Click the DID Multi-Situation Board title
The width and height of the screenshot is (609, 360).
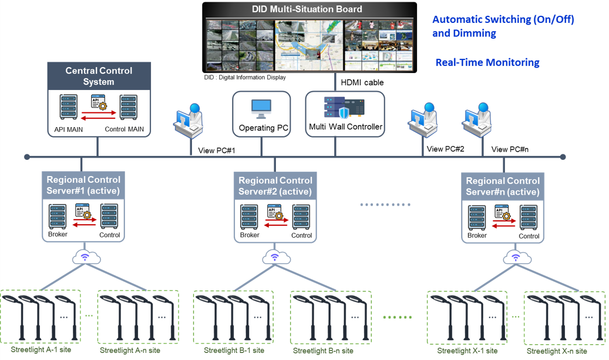click(x=307, y=9)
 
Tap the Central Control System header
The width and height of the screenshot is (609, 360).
click(x=99, y=76)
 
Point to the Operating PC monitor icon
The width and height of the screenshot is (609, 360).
click(x=261, y=109)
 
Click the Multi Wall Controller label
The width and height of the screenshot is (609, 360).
click(x=346, y=127)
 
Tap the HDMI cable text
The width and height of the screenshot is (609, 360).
click(x=362, y=82)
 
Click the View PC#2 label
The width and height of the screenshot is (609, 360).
click(x=445, y=149)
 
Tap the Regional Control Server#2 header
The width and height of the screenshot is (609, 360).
click(x=275, y=185)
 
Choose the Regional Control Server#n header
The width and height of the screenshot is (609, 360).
click(x=503, y=186)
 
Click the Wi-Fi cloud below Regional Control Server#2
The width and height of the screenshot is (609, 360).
click(x=274, y=256)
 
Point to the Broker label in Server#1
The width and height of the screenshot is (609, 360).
click(x=57, y=235)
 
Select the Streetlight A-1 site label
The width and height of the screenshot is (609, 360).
click(x=41, y=349)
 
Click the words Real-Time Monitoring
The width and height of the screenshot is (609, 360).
click(x=487, y=63)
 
